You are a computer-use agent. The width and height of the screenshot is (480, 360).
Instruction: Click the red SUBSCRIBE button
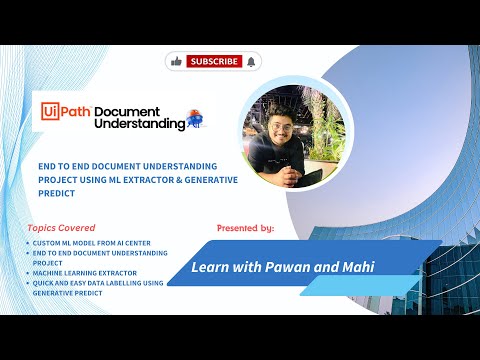tap(214, 61)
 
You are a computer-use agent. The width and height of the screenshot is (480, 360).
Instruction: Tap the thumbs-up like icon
tap(177, 61)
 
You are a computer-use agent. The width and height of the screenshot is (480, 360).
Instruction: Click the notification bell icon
tap(250, 61)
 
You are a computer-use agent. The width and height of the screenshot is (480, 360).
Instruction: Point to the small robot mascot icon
tap(196, 119)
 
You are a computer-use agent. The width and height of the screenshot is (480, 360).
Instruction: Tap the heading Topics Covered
tap(62, 227)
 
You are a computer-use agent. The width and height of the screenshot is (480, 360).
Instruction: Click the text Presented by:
tap(245, 228)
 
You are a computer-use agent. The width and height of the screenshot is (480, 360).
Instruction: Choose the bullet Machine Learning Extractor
tap(85, 273)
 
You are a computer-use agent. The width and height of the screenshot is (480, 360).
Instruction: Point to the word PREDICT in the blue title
tap(58, 192)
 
